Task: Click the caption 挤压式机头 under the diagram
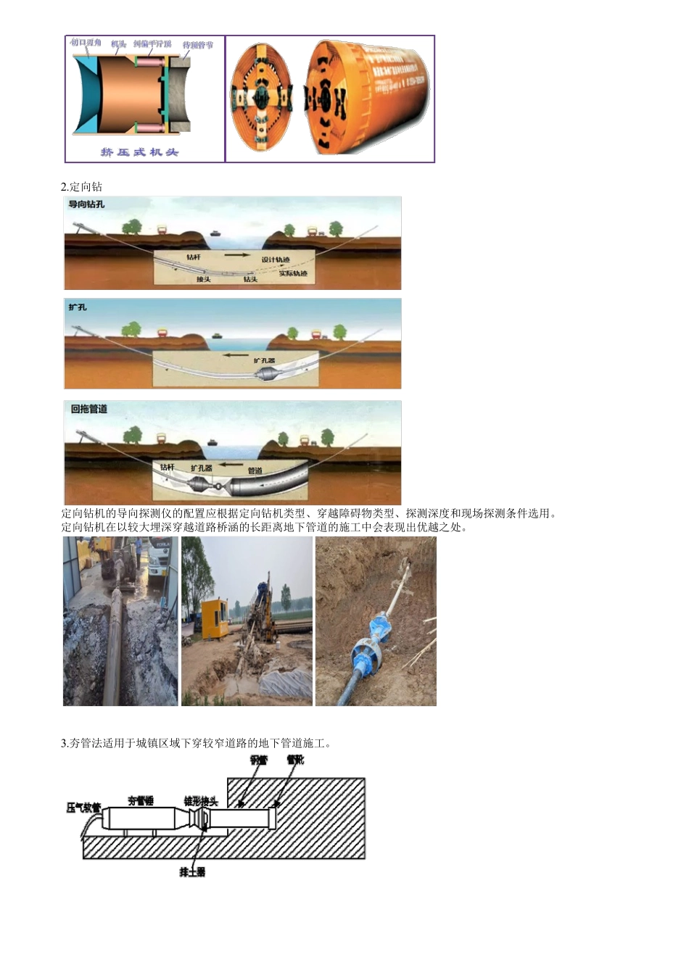139,152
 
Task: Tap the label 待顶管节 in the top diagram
197,45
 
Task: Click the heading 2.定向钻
81,186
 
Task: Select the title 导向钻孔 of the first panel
86,204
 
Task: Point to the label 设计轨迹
276,260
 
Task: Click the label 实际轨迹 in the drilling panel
293,273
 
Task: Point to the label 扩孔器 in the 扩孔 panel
264,360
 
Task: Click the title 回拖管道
88,409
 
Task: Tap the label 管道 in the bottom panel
255,471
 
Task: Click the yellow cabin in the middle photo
214,621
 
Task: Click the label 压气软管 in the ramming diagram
83,807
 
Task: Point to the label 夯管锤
141,800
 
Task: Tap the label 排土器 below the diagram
192,871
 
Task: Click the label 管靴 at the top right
295,760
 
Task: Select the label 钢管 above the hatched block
258,760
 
